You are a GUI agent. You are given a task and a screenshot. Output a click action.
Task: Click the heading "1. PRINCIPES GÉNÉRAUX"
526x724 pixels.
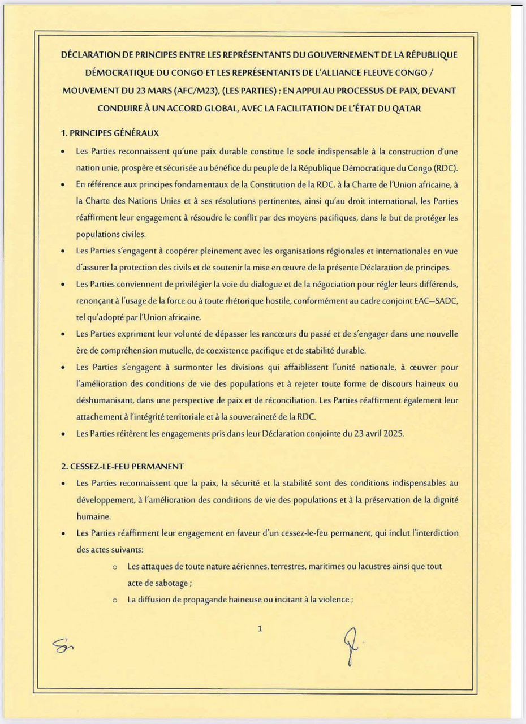(110, 133)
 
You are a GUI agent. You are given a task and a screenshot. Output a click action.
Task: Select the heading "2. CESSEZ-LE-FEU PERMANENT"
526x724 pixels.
(122, 467)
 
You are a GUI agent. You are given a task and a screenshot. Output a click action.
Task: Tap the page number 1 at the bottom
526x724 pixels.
(260, 627)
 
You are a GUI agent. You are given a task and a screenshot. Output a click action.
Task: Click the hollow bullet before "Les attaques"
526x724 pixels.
(115, 567)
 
